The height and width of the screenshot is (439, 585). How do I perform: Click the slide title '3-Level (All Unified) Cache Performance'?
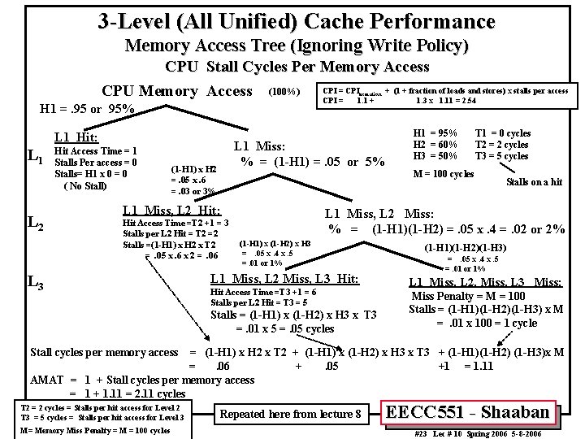(295, 20)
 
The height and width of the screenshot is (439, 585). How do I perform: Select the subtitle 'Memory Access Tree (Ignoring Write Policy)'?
(297, 46)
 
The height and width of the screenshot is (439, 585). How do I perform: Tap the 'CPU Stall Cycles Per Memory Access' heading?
(297, 67)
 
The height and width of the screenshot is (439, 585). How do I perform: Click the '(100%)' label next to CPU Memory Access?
(284, 91)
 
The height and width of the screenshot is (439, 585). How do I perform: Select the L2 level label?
(36, 221)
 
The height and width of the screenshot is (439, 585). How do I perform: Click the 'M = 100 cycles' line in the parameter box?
(444, 173)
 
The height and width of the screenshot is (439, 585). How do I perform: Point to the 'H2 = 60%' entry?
(435, 144)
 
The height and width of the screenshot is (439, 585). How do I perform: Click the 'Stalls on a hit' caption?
(534, 182)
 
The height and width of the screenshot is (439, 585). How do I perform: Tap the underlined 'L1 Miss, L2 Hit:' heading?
(171, 210)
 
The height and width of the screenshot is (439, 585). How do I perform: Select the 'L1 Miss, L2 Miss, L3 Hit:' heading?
(284, 279)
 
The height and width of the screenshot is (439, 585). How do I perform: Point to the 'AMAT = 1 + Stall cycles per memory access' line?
(142, 380)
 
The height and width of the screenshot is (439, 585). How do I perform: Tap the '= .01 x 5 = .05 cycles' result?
(284, 328)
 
